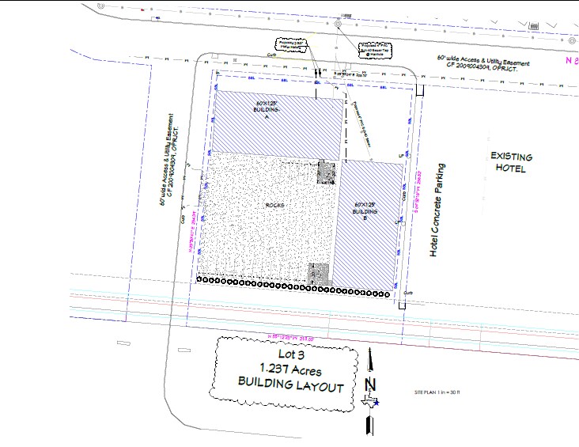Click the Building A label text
[267, 109]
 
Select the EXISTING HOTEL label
[512, 163]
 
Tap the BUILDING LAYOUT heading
[290, 387]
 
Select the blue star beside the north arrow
[377, 402]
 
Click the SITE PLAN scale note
[443, 393]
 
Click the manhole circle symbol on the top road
[338, 25]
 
